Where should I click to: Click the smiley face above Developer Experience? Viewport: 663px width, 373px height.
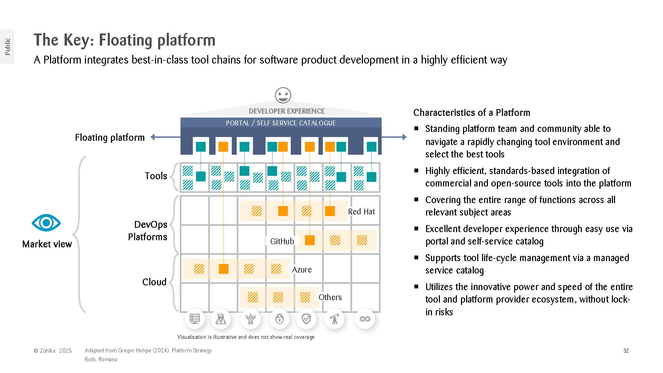click(x=283, y=95)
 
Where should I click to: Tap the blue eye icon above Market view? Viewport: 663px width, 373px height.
click(x=46, y=223)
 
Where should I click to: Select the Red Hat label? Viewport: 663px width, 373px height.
click(x=361, y=212)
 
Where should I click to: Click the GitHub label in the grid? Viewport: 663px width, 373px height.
click(x=282, y=241)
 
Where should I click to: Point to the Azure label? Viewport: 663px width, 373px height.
click(x=302, y=270)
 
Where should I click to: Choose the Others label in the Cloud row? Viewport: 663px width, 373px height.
click(x=330, y=297)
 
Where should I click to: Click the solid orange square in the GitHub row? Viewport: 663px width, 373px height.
click(x=310, y=240)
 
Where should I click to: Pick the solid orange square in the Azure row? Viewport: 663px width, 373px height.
click(x=223, y=269)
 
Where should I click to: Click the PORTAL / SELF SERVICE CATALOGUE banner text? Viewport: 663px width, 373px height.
click(x=281, y=123)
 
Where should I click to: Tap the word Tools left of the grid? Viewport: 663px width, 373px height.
click(x=156, y=176)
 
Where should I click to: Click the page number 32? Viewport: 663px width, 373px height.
click(x=626, y=351)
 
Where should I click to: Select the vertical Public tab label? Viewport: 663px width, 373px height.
click(x=8, y=47)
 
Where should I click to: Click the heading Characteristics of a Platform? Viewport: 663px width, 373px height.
click(x=472, y=113)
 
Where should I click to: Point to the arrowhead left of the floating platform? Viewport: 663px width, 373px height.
click(x=153, y=137)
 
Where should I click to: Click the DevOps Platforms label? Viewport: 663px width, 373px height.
click(x=148, y=231)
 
